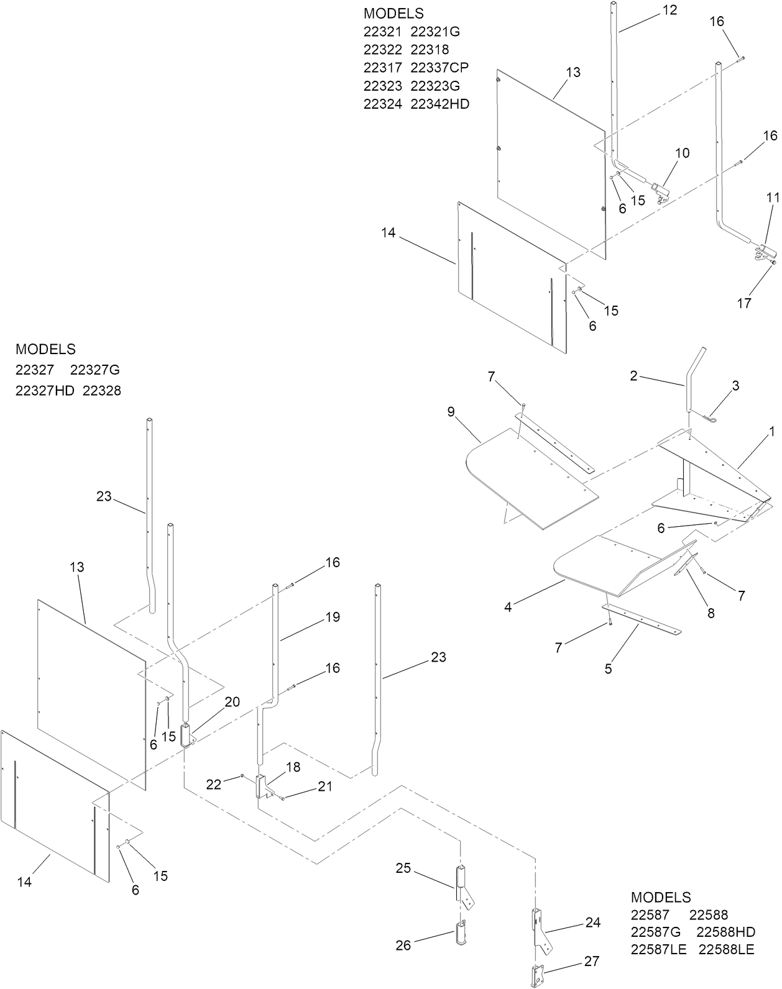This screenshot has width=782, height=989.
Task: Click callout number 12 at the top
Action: pyautogui.click(x=670, y=10)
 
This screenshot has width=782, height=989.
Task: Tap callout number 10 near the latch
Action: pyautogui.click(x=682, y=153)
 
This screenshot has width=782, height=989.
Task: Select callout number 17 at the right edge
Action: pyautogui.click(x=744, y=303)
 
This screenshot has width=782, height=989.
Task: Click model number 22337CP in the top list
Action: pyautogui.click(x=439, y=67)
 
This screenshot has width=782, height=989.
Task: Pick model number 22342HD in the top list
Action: pyautogui.click(x=439, y=104)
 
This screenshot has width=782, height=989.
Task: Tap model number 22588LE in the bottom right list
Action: pyautogui.click(x=726, y=950)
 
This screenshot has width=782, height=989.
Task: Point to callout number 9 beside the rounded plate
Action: pyautogui.click(x=451, y=411)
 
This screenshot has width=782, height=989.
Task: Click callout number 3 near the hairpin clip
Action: pyautogui.click(x=735, y=385)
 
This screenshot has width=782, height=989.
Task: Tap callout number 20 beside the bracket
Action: pyautogui.click(x=232, y=701)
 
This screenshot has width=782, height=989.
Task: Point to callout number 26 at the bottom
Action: pyautogui.click(x=403, y=945)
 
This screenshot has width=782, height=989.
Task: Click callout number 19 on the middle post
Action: pyautogui.click(x=333, y=617)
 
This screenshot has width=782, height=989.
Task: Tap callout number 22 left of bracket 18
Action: pyautogui.click(x=213, y=785)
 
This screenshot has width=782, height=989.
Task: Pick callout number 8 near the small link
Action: pyautogui.click(x=711, y=613)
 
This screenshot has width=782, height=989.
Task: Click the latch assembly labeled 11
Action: pyautogui.click(x=765, y=251)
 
